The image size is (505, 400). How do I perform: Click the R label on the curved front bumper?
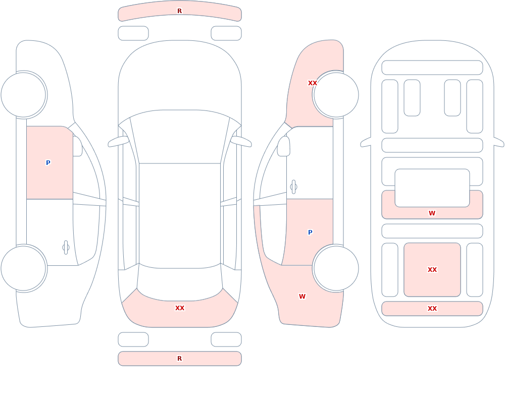coord(179,11)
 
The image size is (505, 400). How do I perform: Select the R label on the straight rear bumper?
coord(179,359)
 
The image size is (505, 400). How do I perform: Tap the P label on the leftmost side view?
coord(48,162)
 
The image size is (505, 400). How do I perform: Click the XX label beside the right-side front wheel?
coord(313,83)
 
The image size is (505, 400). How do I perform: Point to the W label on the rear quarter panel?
coord(302,297)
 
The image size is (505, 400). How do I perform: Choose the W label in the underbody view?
coord(432,213)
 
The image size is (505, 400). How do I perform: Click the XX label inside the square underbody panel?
coord(432,270)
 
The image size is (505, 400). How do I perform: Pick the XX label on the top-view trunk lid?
coord(180,308)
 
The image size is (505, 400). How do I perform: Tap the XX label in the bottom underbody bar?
coord(432,309)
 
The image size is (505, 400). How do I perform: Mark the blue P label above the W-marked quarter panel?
coord(310,233)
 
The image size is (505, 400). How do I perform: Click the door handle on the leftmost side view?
coord(66,248)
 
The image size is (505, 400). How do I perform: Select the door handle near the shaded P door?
coord(293,187)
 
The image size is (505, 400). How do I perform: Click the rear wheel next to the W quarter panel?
coord(336,268)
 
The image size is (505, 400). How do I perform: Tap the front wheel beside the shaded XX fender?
coord(336,95)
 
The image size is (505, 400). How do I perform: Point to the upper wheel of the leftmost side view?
coord(24,95)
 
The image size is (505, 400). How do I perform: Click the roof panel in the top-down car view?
coord(180,215)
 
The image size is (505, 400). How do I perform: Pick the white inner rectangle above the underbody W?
coord(432,188)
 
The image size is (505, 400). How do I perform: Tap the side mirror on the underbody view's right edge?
coord(499,142)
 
